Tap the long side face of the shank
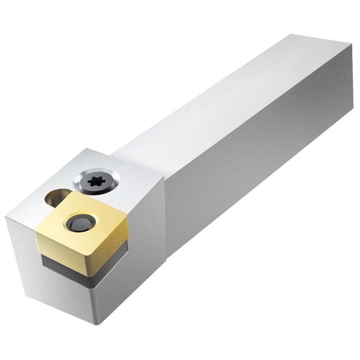pos(253,169)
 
